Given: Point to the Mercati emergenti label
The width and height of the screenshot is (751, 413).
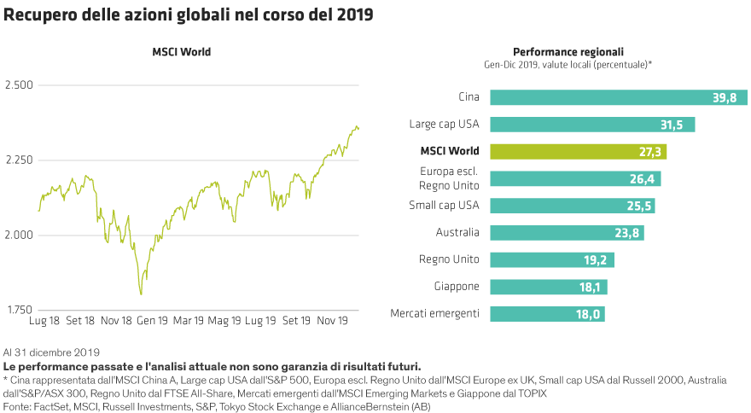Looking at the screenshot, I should [x=434, y=314].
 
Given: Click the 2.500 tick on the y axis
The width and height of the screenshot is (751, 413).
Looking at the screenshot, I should [x=19, y=85].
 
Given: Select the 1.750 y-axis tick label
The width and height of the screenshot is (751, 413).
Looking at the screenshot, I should [x=19, y=310].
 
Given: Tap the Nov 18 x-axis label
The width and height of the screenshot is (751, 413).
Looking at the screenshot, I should [x=116, y=322].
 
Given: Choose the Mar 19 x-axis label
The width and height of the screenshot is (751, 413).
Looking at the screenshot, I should [x=188, y=322].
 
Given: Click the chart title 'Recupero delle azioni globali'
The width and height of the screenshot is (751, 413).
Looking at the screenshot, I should [x=188, y=15].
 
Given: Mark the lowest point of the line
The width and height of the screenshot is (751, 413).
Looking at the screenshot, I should [x=141, y=294].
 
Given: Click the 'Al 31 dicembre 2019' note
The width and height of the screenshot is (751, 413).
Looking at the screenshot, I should [x=52, y=352].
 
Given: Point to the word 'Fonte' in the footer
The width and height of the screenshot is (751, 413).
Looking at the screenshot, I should [x=18, y=408].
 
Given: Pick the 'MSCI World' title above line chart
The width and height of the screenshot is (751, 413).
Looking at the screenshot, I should [x=181, y=52].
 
